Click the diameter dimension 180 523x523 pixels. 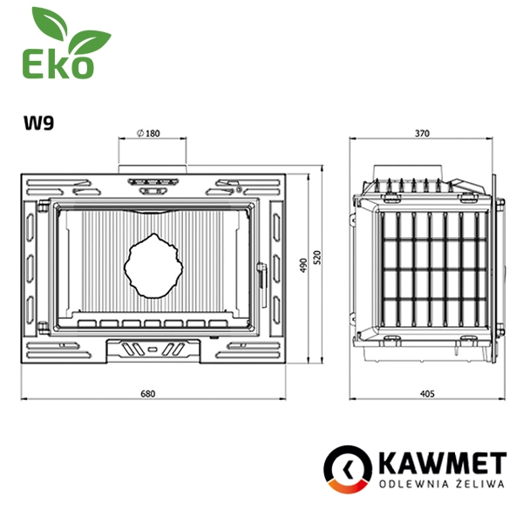click(x=153, y=133)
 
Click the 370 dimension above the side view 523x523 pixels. click(x=423, y=133)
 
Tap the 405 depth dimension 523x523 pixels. click(x=427, y=394)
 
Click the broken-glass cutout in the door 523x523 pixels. click(x=153, y=264)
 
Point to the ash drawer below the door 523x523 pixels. click(x=153, y=350)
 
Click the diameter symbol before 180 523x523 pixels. click(x=140, y=133)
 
